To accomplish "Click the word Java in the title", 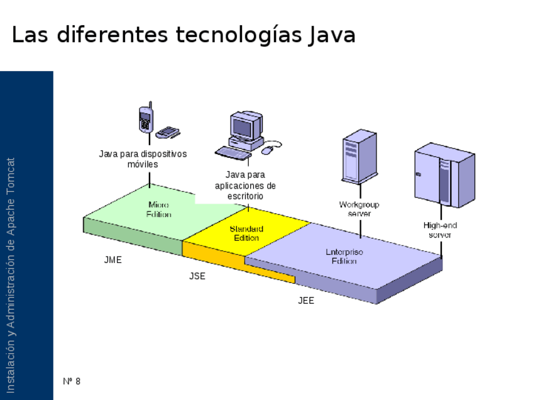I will point(332,35).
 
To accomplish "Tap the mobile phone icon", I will point(146,119).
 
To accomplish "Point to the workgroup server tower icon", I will point(358,156).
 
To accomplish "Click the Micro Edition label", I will point(158,209).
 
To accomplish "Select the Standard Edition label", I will point(246,233).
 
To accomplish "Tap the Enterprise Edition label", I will point(344,256).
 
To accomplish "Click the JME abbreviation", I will point(113,260).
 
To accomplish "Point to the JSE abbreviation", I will point(197,276).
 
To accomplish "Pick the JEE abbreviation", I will point(306,301).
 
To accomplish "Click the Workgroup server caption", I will point(360,209).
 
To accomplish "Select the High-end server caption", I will point(440,230).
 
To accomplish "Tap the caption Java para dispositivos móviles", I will point(143,158).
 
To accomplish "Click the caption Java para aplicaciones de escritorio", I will point(245,185).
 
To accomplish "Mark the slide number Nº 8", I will point(72,381).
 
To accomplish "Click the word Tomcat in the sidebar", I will point(11,177).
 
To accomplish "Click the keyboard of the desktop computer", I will point(233,152).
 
